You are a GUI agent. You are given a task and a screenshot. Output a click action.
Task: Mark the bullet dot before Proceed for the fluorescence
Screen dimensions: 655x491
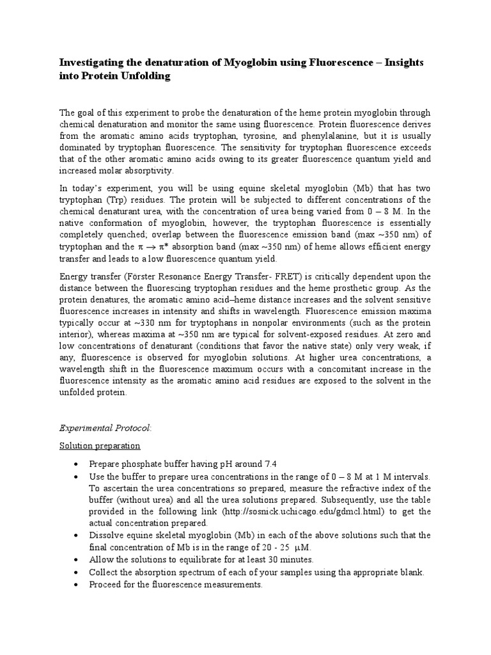coord(76,583)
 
